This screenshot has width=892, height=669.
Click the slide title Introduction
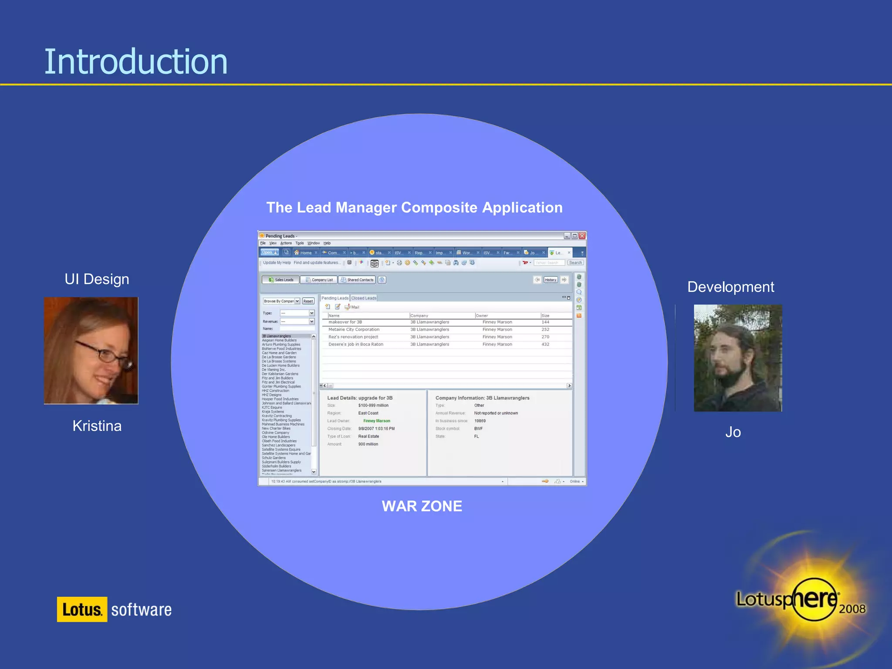tap(135, 62)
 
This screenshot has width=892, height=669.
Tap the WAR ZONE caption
tap(422, 506)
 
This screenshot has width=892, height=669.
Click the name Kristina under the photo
tap(97, 426)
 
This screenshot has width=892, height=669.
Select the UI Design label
tap(97, 279)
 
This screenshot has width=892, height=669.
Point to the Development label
tap(730, 287)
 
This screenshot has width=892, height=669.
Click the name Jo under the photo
tap(733, 432)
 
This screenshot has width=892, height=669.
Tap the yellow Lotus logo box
tap(82, 609)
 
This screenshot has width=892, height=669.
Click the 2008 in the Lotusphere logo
tap(852, 609)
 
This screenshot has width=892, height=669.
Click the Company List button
tap(319, 280)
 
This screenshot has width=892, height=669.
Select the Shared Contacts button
tap(357, 280)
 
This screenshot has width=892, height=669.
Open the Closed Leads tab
tap(364, 298)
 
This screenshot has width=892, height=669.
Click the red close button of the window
tap(582, 236)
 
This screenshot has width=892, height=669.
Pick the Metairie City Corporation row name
tap(354, 330)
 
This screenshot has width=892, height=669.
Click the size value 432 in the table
tap(545, 345)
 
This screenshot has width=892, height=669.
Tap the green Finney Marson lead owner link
tap(377, 421)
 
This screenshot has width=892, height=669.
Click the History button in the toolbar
tap(551, 280)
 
